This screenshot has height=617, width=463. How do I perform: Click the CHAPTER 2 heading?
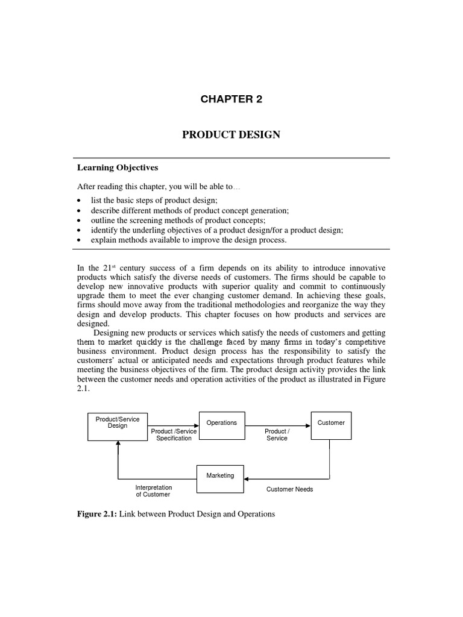[231, 99]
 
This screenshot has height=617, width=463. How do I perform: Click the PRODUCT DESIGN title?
[231, 134]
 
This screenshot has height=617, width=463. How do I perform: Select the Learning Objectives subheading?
[118, 168]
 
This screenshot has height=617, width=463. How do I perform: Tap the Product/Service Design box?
[118, 422]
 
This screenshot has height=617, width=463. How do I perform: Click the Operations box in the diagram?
[221, 422]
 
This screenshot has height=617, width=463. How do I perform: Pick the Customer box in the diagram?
[331, 422]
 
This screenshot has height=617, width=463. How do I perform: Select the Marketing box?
[220, 475]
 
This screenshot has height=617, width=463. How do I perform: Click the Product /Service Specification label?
[174, 435]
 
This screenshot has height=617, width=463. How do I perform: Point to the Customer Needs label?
[289, 489]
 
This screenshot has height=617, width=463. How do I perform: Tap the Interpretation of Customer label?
[153, 490]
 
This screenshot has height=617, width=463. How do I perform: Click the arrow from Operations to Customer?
[277, 423]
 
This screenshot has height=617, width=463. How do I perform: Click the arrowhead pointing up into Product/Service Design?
[118, 443]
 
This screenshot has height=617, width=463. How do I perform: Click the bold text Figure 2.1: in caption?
[98, 514]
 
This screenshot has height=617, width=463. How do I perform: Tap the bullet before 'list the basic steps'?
[80, 200]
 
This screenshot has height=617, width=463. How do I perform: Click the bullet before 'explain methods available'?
[80, 240]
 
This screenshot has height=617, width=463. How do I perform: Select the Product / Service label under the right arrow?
[277, 435]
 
